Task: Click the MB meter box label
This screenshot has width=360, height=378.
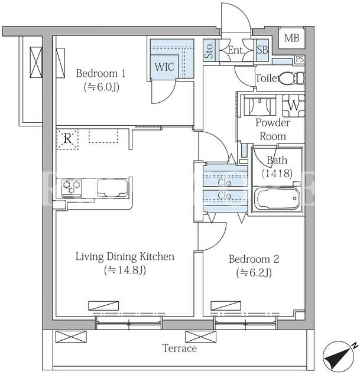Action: [x=291, y=38]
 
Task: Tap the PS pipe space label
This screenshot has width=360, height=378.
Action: [x=300, y=59]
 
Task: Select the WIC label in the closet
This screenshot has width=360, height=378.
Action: [x=164, y=67]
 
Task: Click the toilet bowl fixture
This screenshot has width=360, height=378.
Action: [x=291, y=78]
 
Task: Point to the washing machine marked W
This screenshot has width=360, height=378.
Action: [x=294, y=106]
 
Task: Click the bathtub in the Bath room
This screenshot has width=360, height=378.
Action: [x=277, y=198]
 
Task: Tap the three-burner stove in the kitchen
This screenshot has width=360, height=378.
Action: [x=72, y=188]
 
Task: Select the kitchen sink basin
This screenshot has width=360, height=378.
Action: [x=112, y=188]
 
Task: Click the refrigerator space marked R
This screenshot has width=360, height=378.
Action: [x=67, y=139]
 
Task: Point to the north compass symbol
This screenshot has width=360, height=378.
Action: [x=339, y=356]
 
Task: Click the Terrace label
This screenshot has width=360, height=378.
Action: [x=180, y=348]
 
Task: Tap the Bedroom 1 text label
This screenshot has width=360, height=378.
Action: [x=101, y=73]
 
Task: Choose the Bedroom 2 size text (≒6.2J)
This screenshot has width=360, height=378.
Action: [x=254, y=273]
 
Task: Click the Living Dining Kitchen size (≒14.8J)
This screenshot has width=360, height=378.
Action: [x=125, y=270]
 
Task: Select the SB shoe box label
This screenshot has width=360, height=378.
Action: [x=262, y=50]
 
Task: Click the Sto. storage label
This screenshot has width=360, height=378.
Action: [x=209, y=50]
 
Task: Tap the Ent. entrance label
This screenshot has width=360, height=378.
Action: [x=236, y=50]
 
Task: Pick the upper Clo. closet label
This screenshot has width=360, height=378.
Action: [x=225, y=183]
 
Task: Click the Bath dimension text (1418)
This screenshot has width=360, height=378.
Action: [x=277, y=173]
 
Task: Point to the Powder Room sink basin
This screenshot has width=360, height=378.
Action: [x=260, y=105]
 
